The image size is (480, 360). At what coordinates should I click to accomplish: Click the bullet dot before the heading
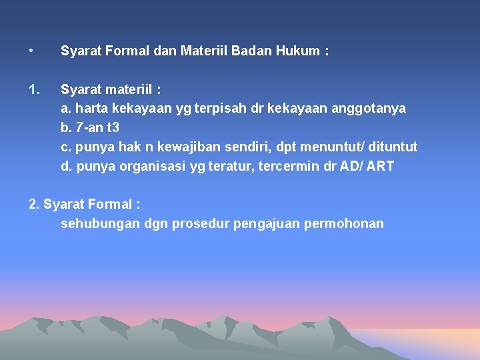(x=31, y=50)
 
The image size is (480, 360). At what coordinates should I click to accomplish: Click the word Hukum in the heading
(x=295, y=51)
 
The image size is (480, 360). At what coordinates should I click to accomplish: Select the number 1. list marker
(x=35, y=89)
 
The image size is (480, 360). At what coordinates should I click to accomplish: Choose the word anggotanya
(x=369, y=108)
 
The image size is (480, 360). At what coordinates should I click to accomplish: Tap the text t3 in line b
(x=113, y=127)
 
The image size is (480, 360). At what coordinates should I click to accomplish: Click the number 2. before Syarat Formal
(x=35, y=204)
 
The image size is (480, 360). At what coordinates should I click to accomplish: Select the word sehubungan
(x=100, y=223)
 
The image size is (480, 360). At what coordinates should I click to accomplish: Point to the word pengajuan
(x=267, y=223)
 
